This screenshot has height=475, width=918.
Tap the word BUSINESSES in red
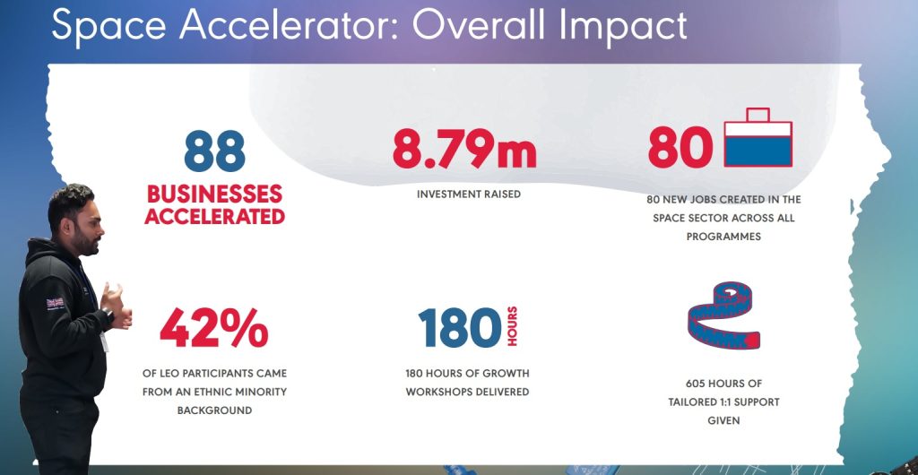(x=214, y=194)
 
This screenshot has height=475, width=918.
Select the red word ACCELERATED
(x=214, y=216)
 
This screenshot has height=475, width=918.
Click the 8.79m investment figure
(x=463, y=149)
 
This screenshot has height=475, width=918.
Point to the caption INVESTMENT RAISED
(x=469, y=194)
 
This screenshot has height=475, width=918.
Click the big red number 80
(x=680, y=149)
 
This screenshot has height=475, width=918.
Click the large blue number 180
(x=459, y=328)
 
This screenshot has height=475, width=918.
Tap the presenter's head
(x=71, y=215)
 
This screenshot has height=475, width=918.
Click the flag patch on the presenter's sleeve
(x=56, y=303)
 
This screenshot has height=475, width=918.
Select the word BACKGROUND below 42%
(x=214, y=410)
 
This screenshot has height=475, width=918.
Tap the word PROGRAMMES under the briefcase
(x=723, y=237)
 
